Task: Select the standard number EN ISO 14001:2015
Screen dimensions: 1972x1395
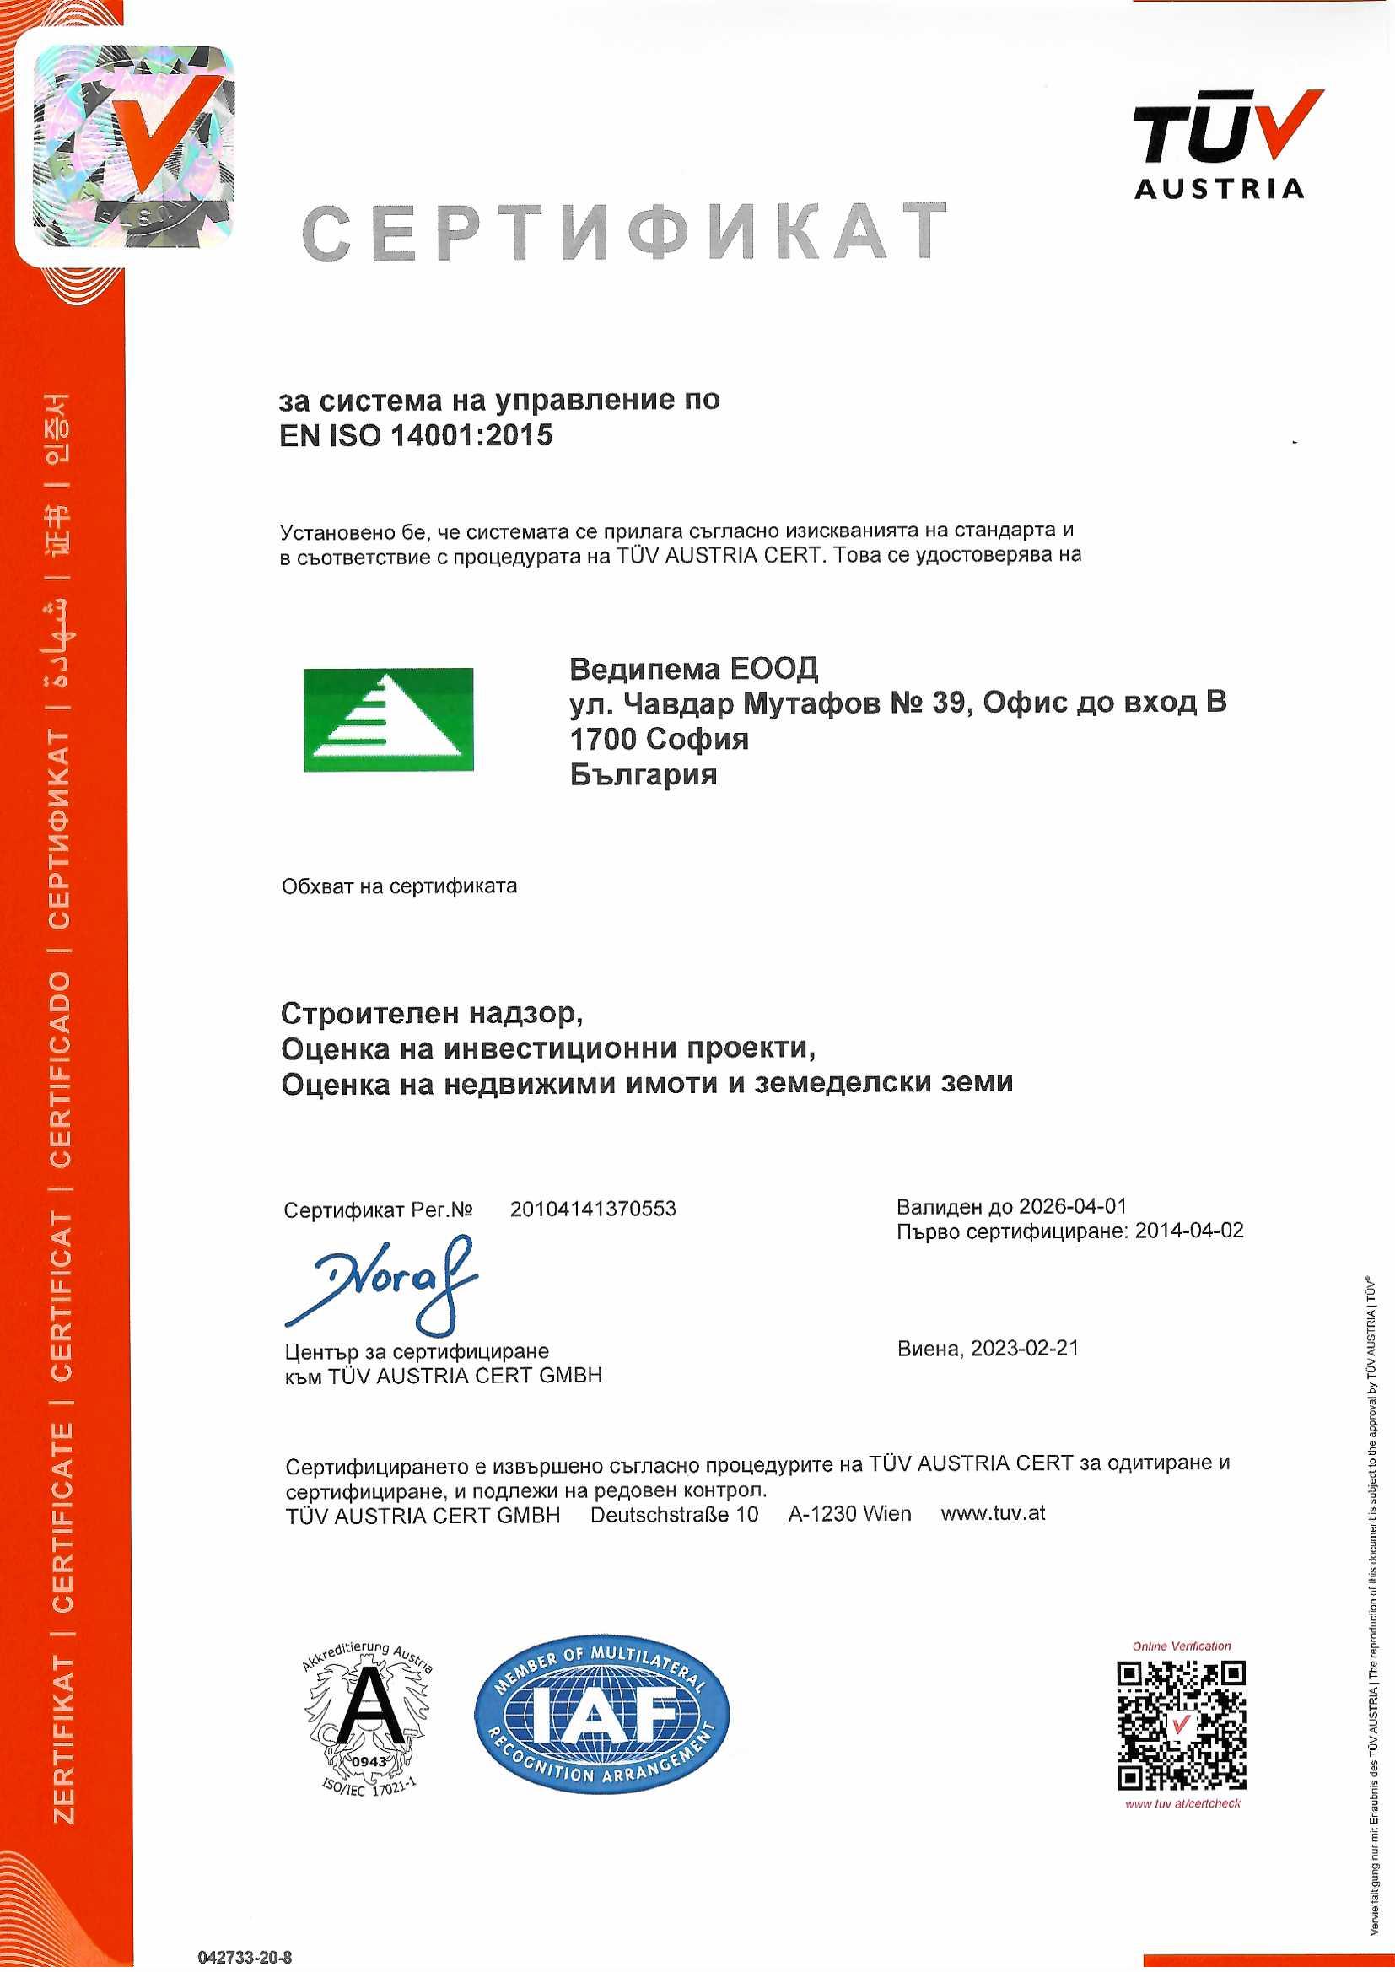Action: click(x=416, y=435)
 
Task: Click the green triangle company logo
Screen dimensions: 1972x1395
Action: click(x=388, y=719)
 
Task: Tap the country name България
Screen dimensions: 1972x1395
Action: click(x=644, y=774)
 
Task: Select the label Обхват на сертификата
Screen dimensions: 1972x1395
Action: click(x=400, y=886)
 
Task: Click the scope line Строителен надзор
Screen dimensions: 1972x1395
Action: click(x=432, y=1014)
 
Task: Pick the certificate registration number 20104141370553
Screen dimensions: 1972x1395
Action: click(x=593, y=1210)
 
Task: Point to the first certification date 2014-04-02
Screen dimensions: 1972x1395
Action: click(x=1189, y=1231)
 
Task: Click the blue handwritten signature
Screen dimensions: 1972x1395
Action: click(x=382, y=1280)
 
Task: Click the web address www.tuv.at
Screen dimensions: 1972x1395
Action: click(x=993, y=1512)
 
